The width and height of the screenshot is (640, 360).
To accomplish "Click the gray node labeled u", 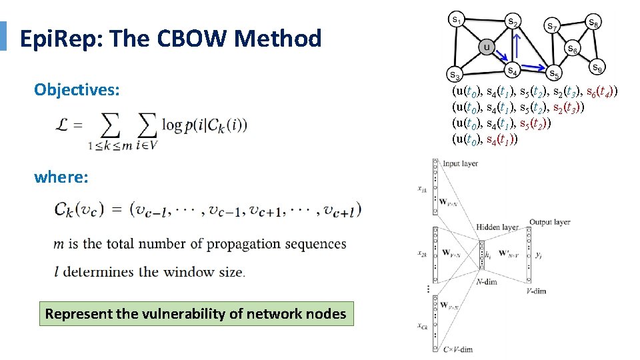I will pyautogui.click(x=487, y=47).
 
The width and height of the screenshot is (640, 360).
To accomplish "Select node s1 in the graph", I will pyautogui.click(x=456, y=21).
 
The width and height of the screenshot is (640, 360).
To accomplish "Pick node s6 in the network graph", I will pyautogui.click(x=572, y=49).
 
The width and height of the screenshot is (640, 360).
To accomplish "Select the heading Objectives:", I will pyautogui.click(x=77, y=89).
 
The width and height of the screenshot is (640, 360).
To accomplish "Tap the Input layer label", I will pyautogui.click(x=459, y=163).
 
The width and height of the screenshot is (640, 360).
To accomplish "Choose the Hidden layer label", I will pyautogui.click(x=498, y=228).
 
